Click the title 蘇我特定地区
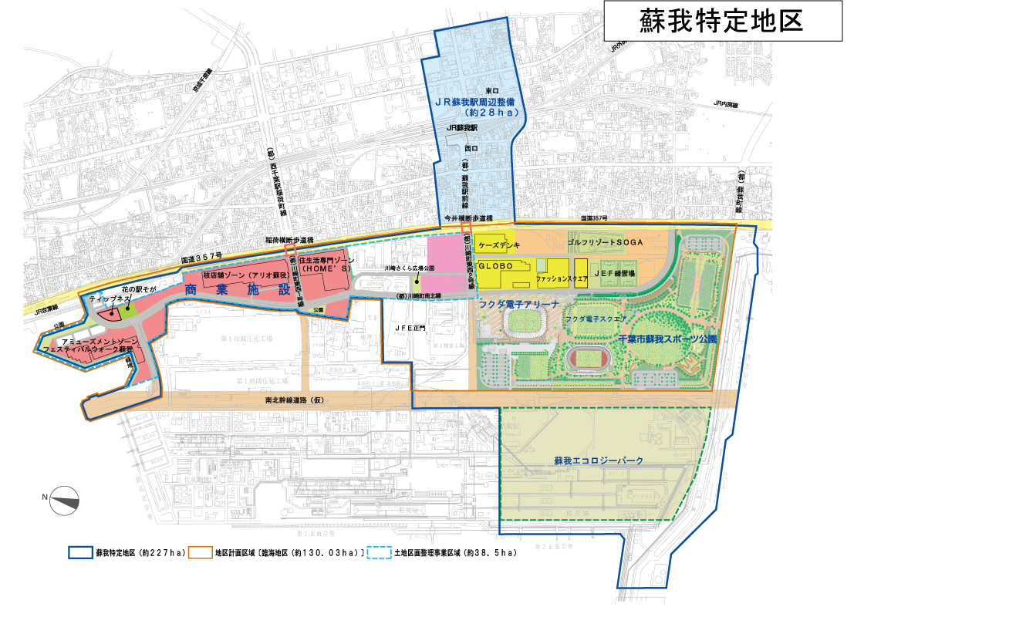click(x=722, y=22)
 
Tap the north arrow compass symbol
click(x=65, y=501)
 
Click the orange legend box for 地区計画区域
click(x=201, y=553)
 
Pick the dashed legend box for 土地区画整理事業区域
click(x=379, y=553)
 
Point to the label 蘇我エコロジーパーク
click(x=599, y=460)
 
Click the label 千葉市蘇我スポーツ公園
click(x=668, y=339)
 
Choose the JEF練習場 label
click(x=615, y=273)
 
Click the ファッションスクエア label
click(x=563, y=277)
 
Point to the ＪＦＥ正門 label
click(x=410, y=328)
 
